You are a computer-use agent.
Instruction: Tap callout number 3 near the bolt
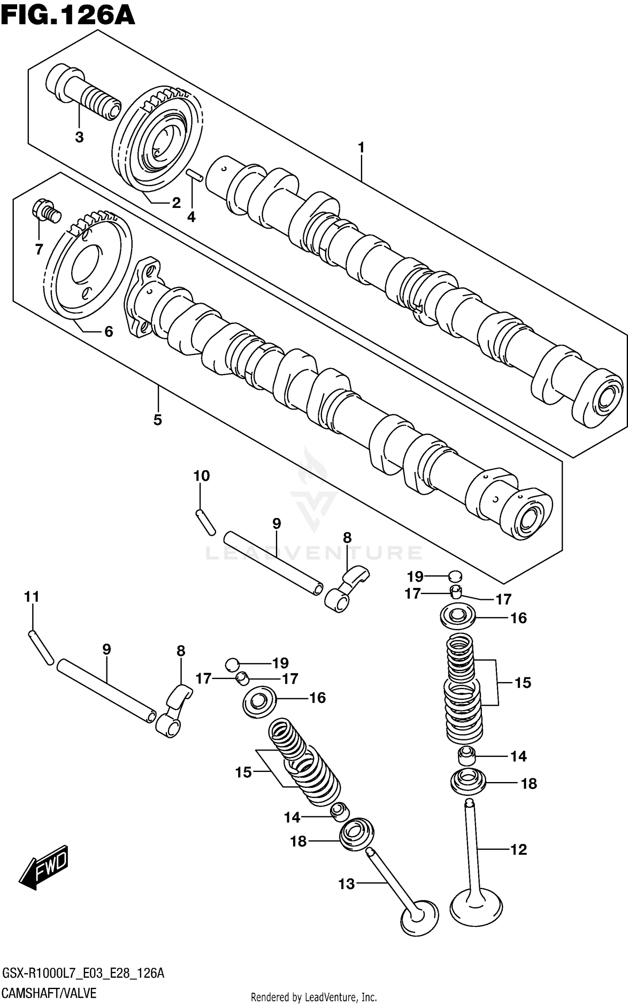point(79,137)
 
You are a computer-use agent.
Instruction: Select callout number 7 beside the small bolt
point(39,249)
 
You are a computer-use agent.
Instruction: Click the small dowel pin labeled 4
point(195,175)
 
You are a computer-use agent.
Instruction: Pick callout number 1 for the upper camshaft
point(361,148)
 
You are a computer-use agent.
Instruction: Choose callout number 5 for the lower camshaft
point(157,420)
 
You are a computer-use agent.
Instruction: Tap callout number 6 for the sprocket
point(108,332)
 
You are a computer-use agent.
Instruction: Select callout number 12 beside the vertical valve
point(518,849)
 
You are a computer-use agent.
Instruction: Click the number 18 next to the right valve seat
point(529,783)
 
